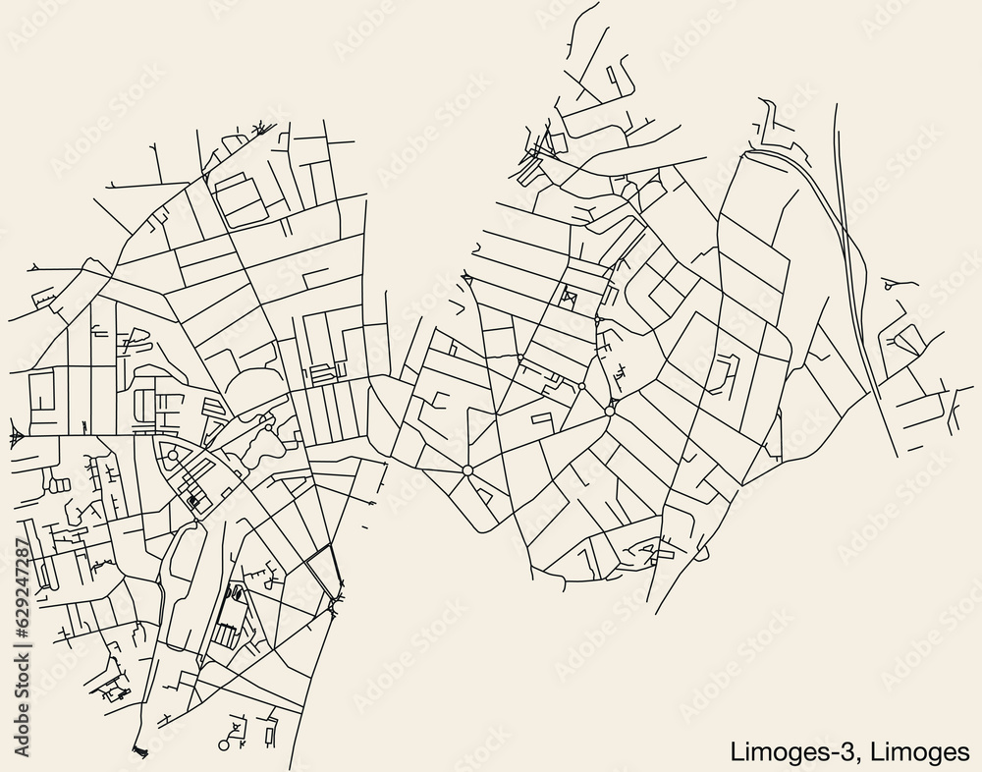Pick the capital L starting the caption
pos(737,752)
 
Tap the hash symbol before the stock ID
pos(21,629)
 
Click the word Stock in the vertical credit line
pos(21,684)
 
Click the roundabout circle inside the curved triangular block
pos(173,455)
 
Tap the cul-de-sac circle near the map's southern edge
pos(223,745)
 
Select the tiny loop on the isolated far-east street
pos(889,285)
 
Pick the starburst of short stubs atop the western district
pos(260,127)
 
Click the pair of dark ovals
pos(234,592)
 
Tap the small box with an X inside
pos(568,294)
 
